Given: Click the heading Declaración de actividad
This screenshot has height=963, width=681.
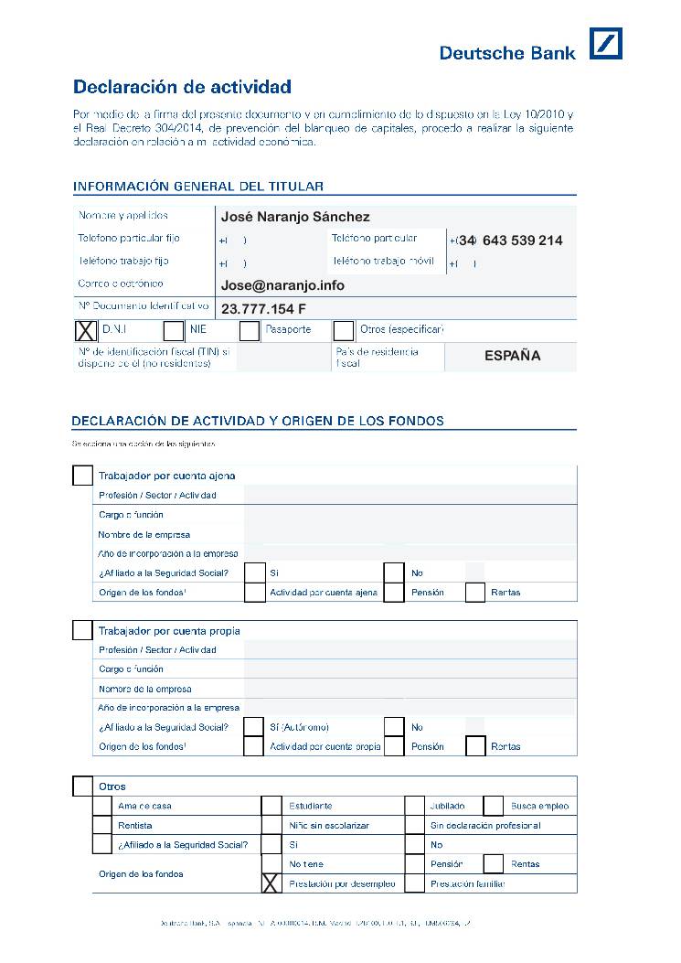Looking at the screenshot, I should point(182,88).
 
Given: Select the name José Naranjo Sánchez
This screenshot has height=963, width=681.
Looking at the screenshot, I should point(295,217).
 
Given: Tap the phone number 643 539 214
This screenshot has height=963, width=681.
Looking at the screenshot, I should point(522,241).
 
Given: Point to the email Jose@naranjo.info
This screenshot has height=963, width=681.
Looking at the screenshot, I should point(282,285).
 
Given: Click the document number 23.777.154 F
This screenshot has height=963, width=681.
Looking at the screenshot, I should point(263,308).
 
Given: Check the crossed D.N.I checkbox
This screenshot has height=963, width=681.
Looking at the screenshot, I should point(84,330).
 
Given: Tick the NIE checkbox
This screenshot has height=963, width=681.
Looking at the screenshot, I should point(173,330).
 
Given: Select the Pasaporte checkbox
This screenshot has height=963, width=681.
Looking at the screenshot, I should point(250,330).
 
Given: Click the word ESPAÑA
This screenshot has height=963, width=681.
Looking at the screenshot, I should point(512,356).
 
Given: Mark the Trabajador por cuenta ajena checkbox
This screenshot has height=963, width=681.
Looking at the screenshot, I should point(82,476).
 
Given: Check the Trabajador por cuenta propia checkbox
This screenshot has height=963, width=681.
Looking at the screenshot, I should point(82,630).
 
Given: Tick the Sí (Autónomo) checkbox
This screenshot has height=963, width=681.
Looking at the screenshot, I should point(254,727).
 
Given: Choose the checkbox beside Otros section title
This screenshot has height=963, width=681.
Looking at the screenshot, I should point(82,786).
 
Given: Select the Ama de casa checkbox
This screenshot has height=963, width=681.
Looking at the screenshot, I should point(103,806).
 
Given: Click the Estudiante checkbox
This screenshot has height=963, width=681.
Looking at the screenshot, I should point(271,806).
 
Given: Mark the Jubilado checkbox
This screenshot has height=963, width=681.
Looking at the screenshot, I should point(415,806).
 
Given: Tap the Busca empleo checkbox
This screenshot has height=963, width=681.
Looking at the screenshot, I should point(494,806).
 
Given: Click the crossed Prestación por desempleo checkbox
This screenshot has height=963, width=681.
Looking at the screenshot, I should point(271,883).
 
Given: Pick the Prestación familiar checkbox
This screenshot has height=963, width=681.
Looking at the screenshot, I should point(415,883).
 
